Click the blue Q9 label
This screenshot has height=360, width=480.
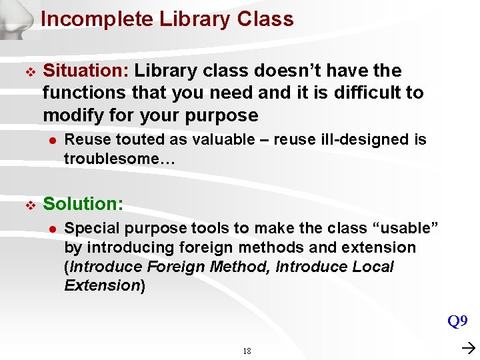457,322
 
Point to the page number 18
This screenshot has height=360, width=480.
247,351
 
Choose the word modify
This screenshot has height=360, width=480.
72,115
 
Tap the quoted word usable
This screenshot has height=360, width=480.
408,228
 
